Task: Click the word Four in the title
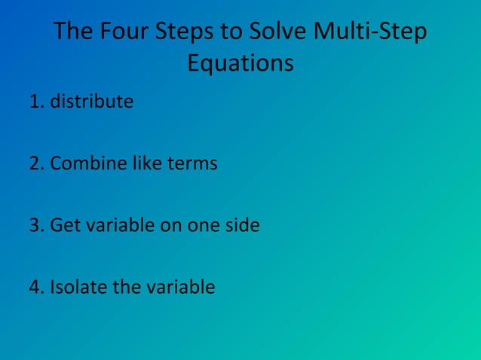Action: click(x=124, y=33)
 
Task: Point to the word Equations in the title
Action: click(x=240, y=64)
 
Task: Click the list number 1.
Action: click(x=35, y=101)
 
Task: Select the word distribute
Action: click(x=92, y=101)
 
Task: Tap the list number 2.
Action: click(x=35, y=163)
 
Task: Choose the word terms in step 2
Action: click(x=190, y=163)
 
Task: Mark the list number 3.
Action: click(x=35, y=225)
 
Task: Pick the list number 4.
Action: click(x=35, y=288)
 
